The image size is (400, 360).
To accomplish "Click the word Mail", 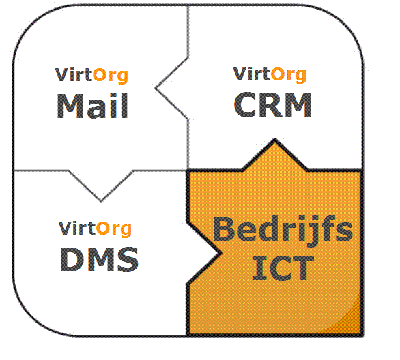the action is pos(92,106).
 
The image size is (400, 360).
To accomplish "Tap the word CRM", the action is pos(273,104).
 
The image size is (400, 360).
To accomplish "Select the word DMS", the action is pos(99,259).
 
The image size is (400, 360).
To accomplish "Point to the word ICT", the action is pos(283,268).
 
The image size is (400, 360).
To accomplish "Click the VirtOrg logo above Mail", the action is pos(91,76).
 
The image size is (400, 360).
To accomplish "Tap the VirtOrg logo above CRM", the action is pos(270,75).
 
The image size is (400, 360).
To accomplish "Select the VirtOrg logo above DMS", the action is pos(95,229).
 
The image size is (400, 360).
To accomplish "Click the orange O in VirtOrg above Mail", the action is pos(99,75).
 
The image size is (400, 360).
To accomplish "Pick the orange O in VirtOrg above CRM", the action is pos(277,74).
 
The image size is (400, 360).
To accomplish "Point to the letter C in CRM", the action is pos(245,104).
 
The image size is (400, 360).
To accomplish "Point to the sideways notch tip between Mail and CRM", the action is pos(156,89).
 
